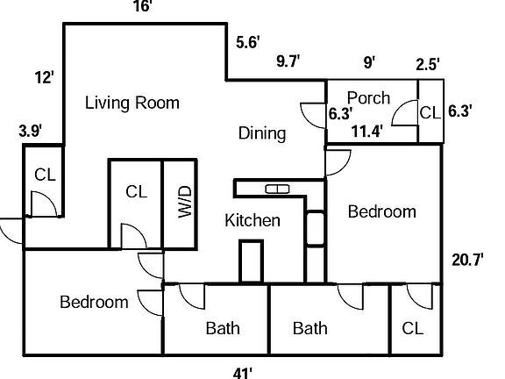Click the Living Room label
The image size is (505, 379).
[132, 104]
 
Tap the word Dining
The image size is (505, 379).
[262, 133]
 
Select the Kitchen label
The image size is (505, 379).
[252, 220]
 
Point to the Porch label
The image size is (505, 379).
[368, 97]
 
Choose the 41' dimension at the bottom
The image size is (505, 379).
[243, 372]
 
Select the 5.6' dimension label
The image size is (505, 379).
[247, 41]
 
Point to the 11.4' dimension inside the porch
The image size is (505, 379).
[367, 132]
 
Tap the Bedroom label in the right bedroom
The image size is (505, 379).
[381, 211]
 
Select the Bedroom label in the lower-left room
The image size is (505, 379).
[94, 302]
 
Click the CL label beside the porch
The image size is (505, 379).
[430, 112]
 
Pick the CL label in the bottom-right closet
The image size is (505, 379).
[413, 328]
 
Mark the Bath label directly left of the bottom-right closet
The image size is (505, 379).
[310, 328]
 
